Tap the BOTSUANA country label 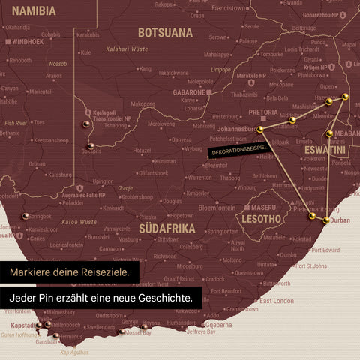pyautogui.click(x=165, y=33)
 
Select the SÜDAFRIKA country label pyautogui.click(x=167, y=227)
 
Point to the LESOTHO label pyautogui.click(x=259, y=219)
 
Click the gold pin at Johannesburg pyautogui.click(x=260, y=130)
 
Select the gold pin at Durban pyautogui.click(x=326, y=220)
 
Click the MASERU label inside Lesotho pyautogui.click(x=263, y=206)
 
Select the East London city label pyautogui.click(x=275, y=301)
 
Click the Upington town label pyautogui.click(x=103, y=181)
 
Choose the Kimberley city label pyautogui.click(x=197, y=193)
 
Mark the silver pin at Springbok pyautogui.click(x=26, y=216)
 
